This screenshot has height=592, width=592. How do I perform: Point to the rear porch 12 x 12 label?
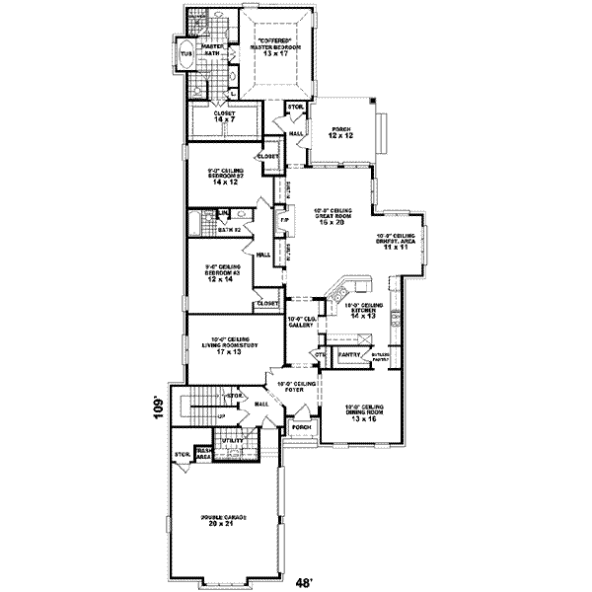[340, 135]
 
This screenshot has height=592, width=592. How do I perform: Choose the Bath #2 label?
[230, 229]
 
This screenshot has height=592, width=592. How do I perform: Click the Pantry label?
[346, 352]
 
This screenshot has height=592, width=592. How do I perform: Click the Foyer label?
[296, 389]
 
